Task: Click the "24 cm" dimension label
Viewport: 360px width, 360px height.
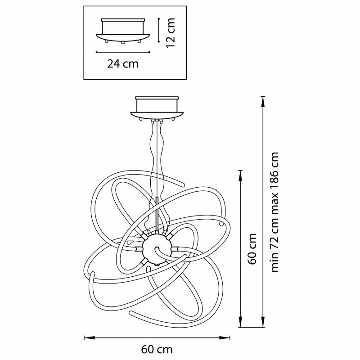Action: tap(123, 63)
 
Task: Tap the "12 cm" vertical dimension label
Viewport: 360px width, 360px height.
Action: tap(171, 33)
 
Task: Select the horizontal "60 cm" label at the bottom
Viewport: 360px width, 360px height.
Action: tap(157, 350)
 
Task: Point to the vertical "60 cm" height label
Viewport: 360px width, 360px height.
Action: tap(252, 249)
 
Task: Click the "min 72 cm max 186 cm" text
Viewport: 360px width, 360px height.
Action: tap(274, 212)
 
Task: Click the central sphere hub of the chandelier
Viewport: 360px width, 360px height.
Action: tap(156, 249)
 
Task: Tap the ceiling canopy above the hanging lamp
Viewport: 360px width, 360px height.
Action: tap(157, 108)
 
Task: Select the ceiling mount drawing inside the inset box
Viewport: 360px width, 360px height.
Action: tap(123, 31)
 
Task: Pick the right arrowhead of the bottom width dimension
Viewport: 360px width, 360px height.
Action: tap(225, 337)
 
